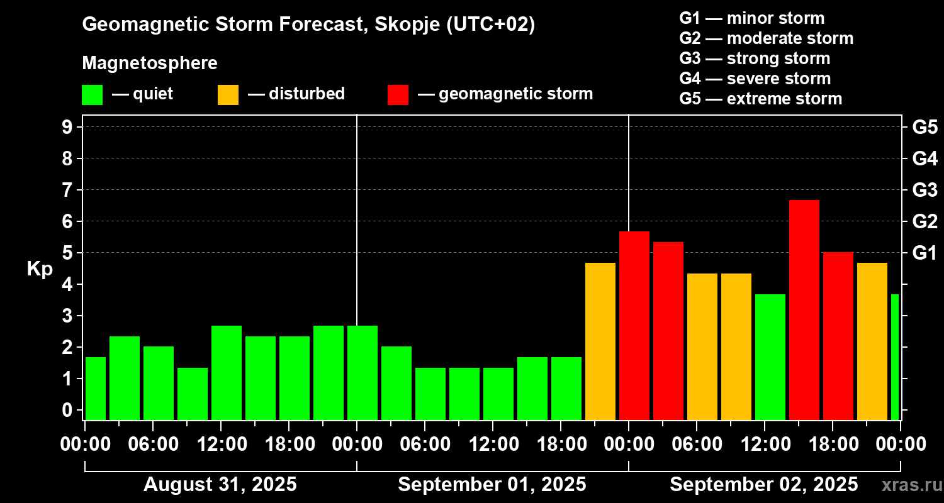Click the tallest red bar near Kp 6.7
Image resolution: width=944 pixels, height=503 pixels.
(x=804, y=309)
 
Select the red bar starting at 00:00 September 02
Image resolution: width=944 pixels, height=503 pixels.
(x=634, y=325)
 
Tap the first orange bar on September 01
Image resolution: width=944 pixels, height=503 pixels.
(x=600, y=341)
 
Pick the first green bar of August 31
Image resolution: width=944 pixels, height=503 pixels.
(x=96, y=388)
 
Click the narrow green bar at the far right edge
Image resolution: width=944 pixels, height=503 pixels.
(x=895, y=357)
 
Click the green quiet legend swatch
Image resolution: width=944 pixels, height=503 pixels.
(x=93, y=95)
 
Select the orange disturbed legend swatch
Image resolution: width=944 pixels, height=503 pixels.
(x=228, y=95)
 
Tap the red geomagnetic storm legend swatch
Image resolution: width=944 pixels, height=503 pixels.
(x=398, y=95)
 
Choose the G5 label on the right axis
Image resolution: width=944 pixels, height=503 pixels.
(x=924, y=127)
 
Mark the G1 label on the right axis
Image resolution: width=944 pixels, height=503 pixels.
(x=924, y=253)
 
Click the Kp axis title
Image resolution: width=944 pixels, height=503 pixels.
(x=40, y=269)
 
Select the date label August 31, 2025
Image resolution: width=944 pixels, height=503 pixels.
(x=220, y=485)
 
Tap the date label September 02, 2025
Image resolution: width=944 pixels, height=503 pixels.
(x=763, y=485)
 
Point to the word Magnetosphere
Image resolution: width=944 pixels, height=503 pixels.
(x=150, y=64)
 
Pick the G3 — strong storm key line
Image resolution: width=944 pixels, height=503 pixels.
(x=755, y=58)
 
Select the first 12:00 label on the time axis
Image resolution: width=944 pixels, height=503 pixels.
(x=221, y=445)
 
